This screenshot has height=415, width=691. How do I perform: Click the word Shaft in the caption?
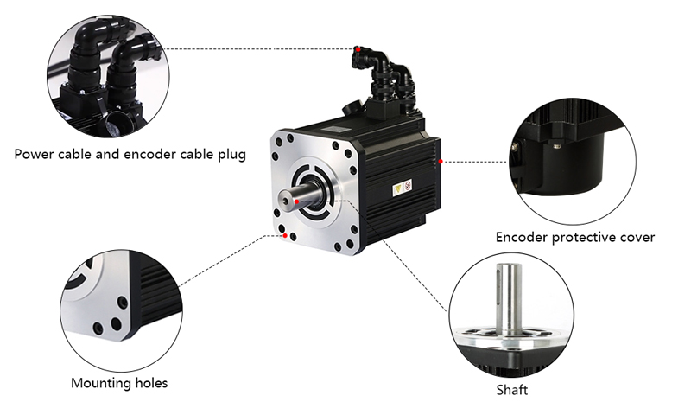[511, 390]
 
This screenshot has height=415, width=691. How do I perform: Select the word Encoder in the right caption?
[522, 237]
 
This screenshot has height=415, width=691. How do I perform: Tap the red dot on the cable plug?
[358, 49]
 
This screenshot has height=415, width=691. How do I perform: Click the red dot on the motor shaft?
[297, 201]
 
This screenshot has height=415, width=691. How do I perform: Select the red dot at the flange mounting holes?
[285, 235]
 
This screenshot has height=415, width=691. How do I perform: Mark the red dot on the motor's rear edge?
[441, 162]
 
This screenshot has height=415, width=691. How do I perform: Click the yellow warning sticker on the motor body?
[398, 189]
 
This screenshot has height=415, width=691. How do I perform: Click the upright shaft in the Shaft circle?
[509, 299]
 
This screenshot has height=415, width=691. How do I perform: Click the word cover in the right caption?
[637, 238]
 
